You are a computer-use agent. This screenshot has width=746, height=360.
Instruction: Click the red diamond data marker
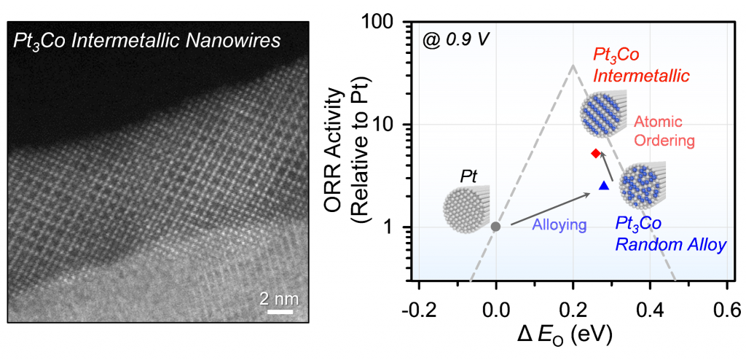(x=595, y=153)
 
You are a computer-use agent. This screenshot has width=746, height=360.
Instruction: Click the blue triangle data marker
(x=603, y=187)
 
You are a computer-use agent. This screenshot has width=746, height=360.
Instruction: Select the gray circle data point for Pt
(x=496, y=227)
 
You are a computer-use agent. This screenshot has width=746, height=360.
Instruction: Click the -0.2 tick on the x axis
(x=419, y=304)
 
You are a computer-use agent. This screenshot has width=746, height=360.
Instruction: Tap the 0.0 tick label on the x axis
(x=496, y=304)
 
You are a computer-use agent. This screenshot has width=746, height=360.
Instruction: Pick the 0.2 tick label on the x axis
(x=573, y=304)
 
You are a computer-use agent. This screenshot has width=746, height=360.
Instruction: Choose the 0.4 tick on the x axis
(x=651, y=304)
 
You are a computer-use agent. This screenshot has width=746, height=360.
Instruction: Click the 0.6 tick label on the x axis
(x=727, y=304)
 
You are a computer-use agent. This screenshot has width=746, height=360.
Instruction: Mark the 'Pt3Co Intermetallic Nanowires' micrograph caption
(x=146, y=40)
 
